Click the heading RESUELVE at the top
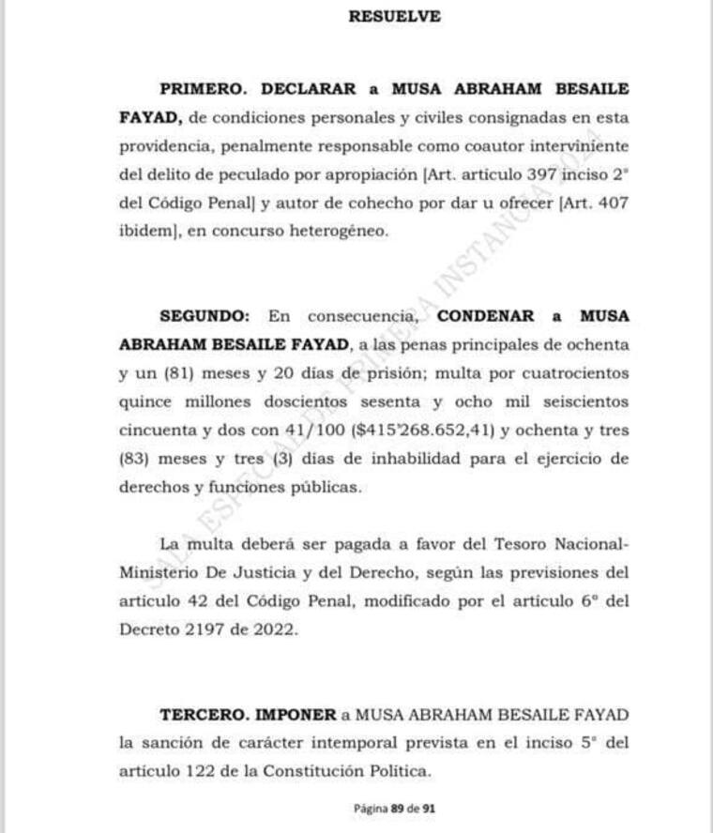(394, 16)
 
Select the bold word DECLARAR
(309, 89)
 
